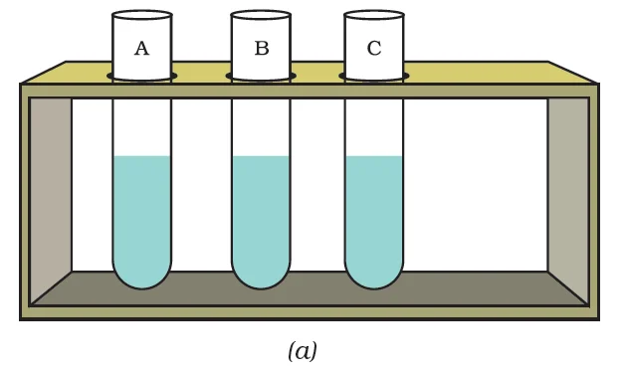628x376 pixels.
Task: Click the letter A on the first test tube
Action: coord(141,49)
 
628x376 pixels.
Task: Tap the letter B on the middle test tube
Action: coord(261,49)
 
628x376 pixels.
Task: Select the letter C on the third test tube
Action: coord(374,49)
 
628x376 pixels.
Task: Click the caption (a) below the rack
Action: coord(303,351)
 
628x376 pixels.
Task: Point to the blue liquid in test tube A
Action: coord(141,214)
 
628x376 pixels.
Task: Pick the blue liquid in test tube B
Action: coord(261,214)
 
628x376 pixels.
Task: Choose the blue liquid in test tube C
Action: coord(374,214)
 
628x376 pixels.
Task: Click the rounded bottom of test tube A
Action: coord(141,278)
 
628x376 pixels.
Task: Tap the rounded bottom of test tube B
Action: coord(261,278)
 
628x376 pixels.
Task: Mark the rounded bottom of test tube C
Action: coord(374,278)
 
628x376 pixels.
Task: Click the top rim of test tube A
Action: coord(141,15)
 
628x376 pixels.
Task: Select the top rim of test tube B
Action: coord(261,15)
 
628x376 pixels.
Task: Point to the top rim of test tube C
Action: coord(374,15)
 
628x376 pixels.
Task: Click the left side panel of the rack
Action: coord(51,189)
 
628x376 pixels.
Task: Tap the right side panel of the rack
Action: coord(568,189)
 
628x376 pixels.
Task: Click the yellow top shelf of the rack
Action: coord(478,73)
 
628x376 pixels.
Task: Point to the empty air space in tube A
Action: coord(141,124)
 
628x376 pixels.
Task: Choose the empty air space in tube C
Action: coord(374,124)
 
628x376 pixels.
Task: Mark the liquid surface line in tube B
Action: coord(261,156)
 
